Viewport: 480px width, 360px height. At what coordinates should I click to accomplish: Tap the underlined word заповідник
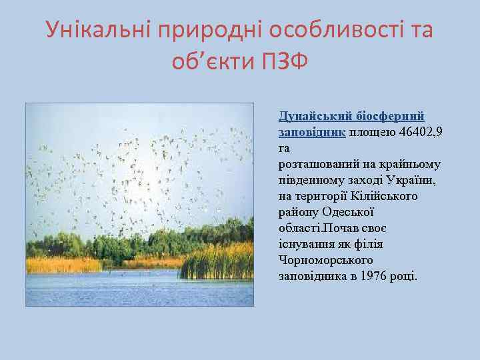point(311,132)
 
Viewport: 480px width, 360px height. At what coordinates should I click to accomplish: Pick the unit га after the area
point(284,148)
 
